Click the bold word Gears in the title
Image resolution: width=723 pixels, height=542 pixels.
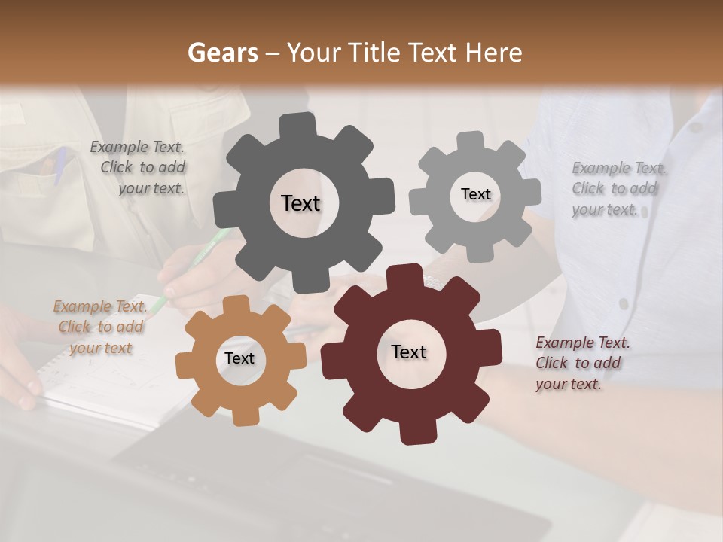(221, 53)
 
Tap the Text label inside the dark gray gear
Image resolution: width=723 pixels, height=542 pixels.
(301, 203)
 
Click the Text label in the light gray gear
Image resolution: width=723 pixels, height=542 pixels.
(475, 194)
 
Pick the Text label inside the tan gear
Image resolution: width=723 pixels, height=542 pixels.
(239, 358)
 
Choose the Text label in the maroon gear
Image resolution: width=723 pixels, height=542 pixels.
(409, 352)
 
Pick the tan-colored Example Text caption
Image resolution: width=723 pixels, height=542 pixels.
(100, 327)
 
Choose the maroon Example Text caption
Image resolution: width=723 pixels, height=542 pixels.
(581, 363)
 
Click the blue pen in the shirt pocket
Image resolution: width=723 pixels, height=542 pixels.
(60, 164)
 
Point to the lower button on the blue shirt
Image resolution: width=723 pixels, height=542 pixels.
(624, 303)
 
